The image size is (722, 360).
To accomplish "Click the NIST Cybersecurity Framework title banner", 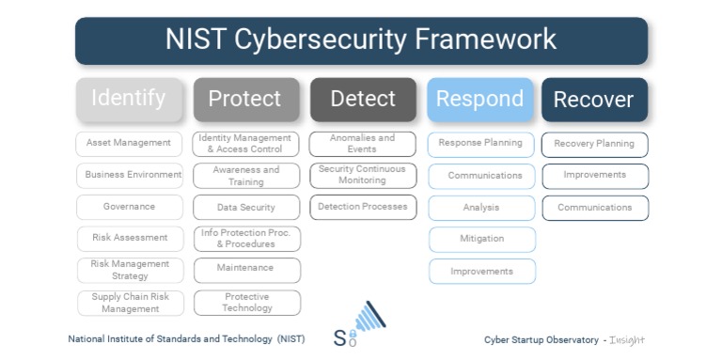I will pos(361,40).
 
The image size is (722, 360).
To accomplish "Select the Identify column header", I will pos(129,99).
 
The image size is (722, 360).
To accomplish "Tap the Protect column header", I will pos(246,99).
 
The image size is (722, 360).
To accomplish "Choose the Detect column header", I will pos(363,99).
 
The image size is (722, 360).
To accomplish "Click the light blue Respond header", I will pos(480,99).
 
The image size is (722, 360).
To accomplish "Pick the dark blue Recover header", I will pos(594,100).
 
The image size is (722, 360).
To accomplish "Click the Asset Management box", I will pos(129,144).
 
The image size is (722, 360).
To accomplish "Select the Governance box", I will pos(129,207).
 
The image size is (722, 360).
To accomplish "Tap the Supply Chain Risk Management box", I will pos(129,303).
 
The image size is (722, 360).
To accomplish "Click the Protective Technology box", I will pos(246,303).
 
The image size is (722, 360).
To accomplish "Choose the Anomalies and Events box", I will pos(363,144).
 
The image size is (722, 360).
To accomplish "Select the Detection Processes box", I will pos(363,207).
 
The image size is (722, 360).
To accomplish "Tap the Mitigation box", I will pos(482,239).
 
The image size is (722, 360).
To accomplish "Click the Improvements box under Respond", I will pos(482,272).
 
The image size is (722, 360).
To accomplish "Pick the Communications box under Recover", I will pos(594,208).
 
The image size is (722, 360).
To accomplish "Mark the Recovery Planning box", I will pos(594,145).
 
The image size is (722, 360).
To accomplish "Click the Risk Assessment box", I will pos(129,239).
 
